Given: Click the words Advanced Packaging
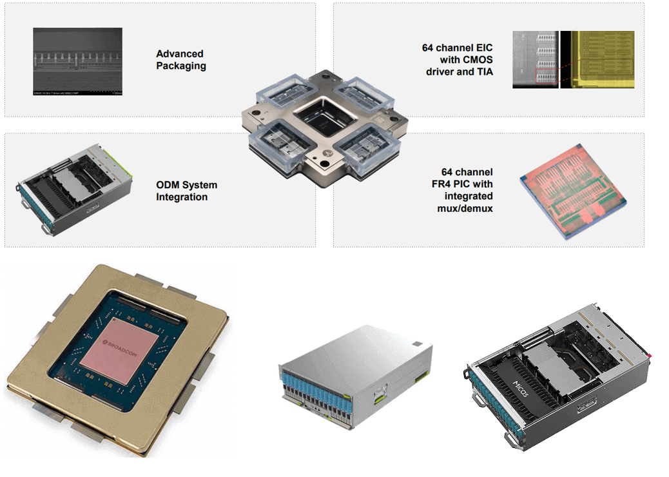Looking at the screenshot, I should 181,60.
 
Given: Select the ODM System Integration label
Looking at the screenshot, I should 186,191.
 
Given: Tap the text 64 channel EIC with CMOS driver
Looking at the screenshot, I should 458,60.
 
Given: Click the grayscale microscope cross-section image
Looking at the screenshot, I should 77,61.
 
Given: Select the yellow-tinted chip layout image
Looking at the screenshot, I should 597,59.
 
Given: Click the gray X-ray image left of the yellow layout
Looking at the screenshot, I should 535,59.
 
